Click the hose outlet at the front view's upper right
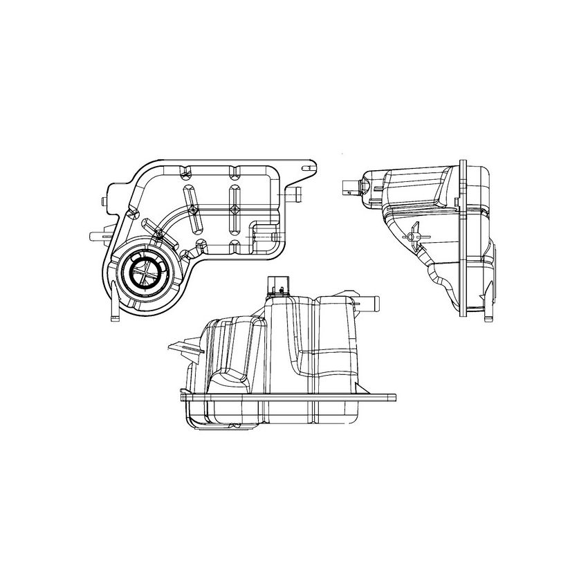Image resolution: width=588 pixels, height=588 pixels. coord(367,302)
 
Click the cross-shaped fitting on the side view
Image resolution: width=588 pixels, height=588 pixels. coord(413,238)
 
